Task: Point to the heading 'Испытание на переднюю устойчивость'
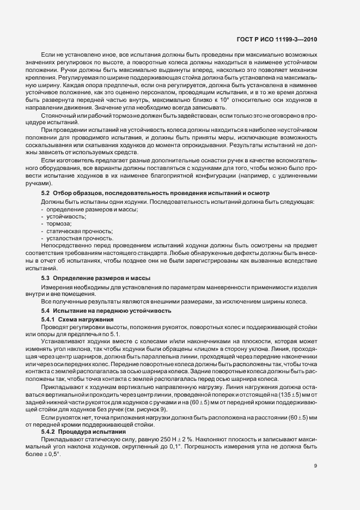(112, 310)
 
